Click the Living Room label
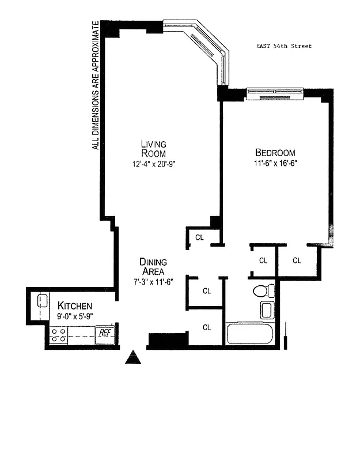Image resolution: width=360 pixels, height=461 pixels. click(154, 148)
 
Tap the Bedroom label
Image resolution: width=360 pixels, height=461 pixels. click(275, 153)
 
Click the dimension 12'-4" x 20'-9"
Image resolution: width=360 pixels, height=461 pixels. click(154, 164)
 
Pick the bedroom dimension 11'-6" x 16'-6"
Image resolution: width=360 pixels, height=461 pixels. click(275, 164)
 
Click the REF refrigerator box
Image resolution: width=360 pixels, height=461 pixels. click(104, 334)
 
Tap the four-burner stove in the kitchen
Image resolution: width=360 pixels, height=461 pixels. click(58, 335)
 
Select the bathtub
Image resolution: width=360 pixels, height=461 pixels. click(249, 334)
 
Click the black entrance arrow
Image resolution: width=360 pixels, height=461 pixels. click(134, 358)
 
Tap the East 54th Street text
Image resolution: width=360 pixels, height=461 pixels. click(284, 46)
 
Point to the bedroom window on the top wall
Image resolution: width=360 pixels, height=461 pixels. click(275, 93)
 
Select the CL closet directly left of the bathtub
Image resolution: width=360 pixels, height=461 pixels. click(206, 327)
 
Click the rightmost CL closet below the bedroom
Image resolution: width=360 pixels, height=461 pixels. click(297, 260)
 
